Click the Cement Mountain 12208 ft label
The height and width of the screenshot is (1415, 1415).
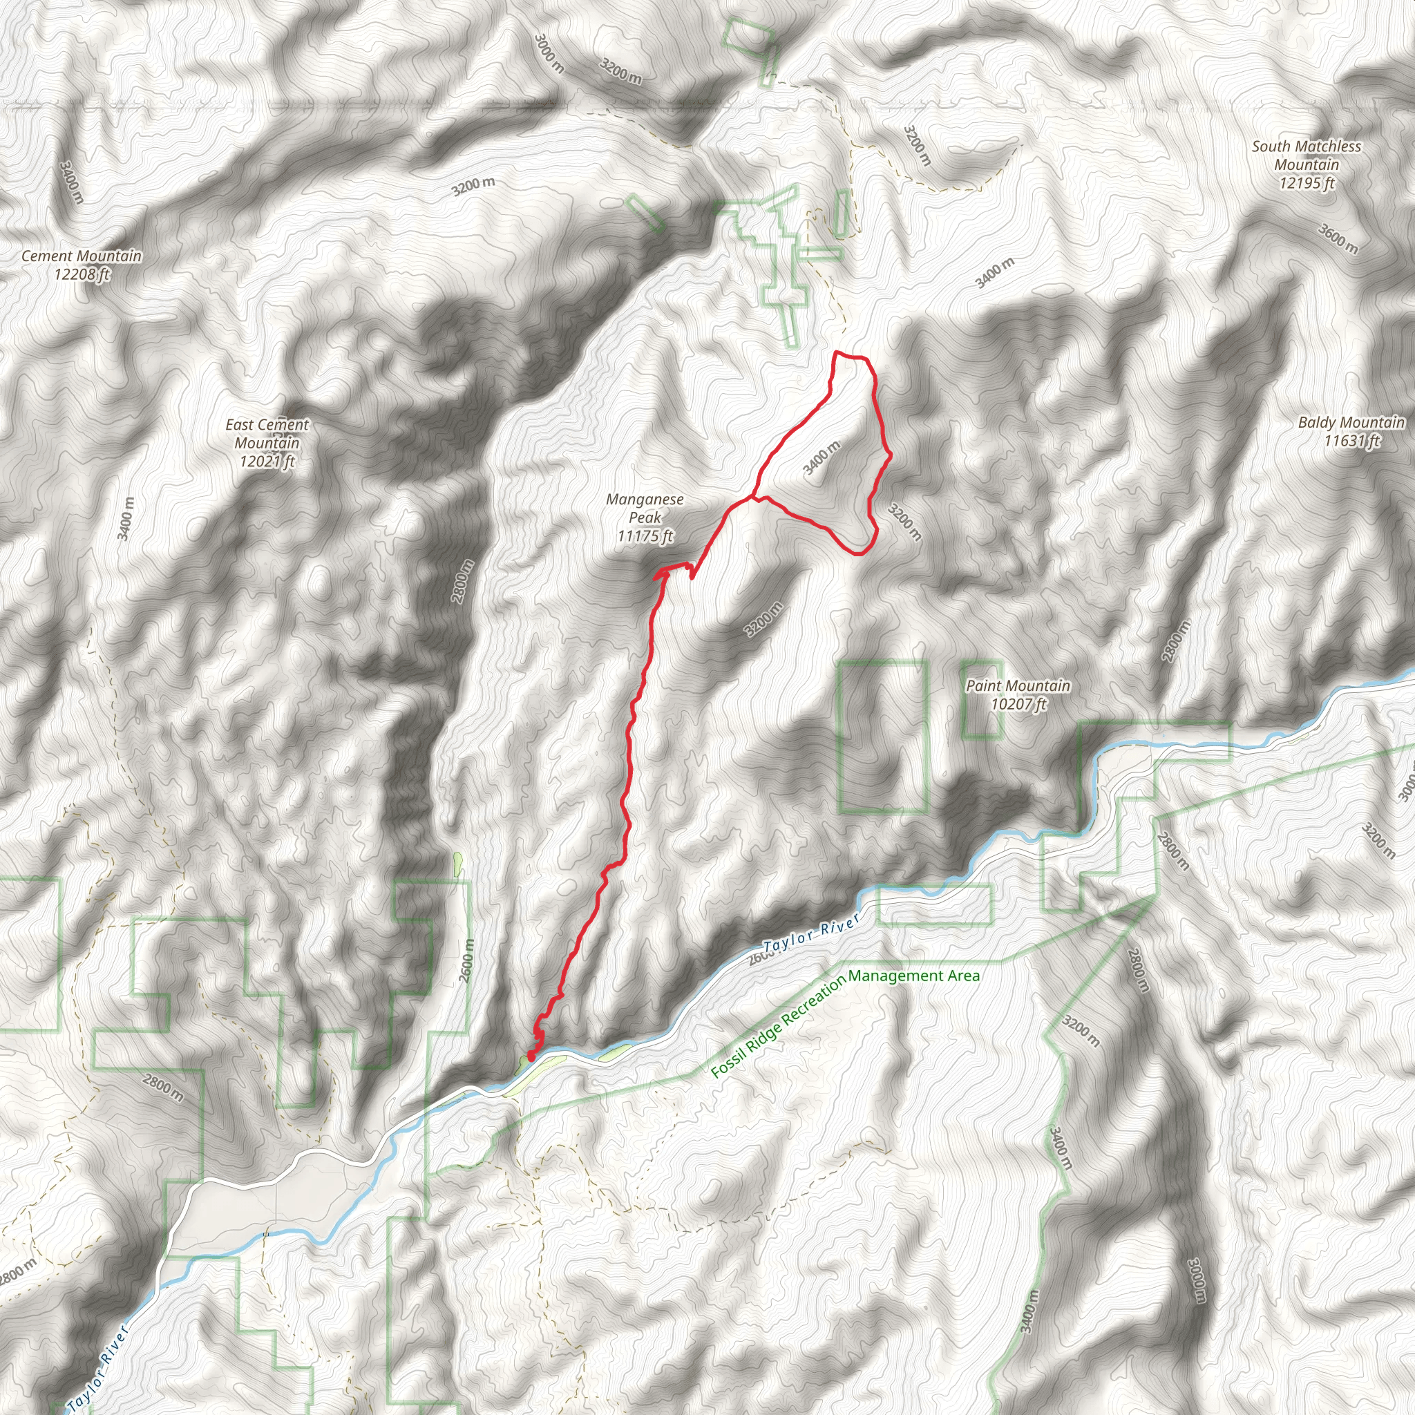click(82, 265)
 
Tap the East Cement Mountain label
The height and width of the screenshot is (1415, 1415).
click(267, 442)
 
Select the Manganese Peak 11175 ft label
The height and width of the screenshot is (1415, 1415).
click(645, 517)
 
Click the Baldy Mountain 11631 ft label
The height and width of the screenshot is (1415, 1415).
click(1351, 430)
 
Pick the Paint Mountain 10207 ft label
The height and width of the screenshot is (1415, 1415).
click(1017, 694)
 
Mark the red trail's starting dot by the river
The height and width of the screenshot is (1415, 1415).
click(530, 1056)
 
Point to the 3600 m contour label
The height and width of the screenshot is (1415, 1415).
click(1338, 239)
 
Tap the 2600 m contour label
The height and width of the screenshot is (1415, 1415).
click(466, 960)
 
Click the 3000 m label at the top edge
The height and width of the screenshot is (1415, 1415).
click(549, 53)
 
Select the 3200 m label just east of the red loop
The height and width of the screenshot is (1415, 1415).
click(904, 521)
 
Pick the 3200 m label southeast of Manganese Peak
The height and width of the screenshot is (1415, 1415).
click(764, 619)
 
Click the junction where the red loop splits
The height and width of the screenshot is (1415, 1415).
click(754, 497)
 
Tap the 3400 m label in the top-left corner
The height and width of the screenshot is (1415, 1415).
click(72, 182)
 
